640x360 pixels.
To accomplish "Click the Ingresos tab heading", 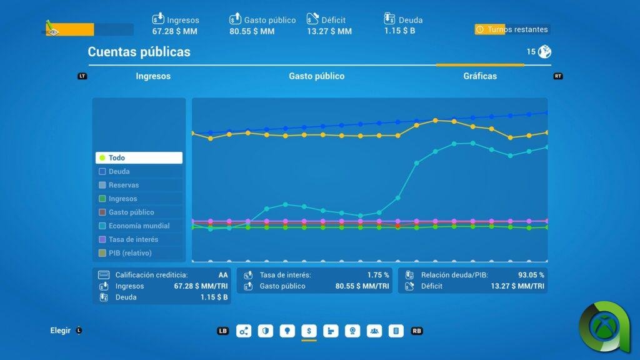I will pos(153,76).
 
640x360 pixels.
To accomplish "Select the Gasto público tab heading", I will pos(316,76).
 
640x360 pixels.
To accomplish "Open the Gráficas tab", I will pos(480,76).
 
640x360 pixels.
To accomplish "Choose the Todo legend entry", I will pos(139,158).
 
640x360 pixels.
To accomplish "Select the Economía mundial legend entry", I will pos(139,226).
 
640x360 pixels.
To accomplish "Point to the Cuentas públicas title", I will pos(139,52).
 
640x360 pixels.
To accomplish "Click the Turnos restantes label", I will pos(517,29).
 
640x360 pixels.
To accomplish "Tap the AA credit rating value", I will pos(223,275).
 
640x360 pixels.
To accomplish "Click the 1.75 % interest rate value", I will pos(377,275).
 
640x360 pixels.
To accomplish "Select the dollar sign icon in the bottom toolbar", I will pos(309,331).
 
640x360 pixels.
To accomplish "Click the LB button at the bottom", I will pos(223,331).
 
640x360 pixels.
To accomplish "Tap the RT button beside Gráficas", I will pos(558,76).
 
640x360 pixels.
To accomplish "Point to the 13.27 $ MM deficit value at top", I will pos(329,31).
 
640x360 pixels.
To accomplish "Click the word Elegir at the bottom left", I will pos(61,331).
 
